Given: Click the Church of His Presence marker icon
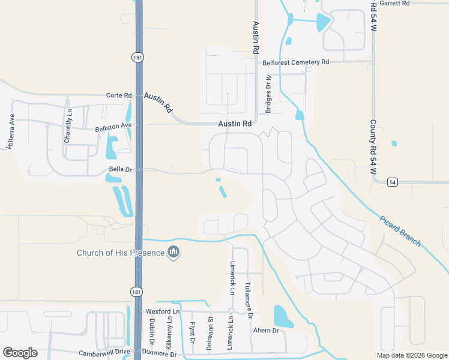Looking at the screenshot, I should pyautogui.click(x=174, y=253).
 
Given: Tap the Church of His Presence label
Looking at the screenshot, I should pyautogui.click(x=120, y=253).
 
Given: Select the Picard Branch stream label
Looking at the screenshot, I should pyautogui.click(x=401, y=230).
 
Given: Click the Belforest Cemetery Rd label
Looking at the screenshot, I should pyautogui.click(x=295, y=62).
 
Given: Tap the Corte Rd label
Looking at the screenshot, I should pyautogui.click(x=118, y=95).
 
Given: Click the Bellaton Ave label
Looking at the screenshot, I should pyautogui.click(x=113, y=127).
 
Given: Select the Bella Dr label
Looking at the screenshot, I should pyautogui.click(x=119, y=170).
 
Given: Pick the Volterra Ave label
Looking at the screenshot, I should pyautogui.click(x=10, y=131).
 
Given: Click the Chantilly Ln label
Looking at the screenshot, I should pyautogui.click(x=68, y=125).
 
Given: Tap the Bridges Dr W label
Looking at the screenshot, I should pyautogui.click(x=268, y=94).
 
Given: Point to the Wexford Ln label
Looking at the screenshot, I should pyautogui.click(x=163, y=312).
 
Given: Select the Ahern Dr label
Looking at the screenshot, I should pyautogui.click(x=267, y=331).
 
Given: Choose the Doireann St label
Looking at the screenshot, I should pyautogui.click(x=209, y=334).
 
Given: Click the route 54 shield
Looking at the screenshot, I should pyautogui.click(x=392, y=182).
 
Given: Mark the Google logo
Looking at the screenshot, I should pyautogui.click(x=20, y=352).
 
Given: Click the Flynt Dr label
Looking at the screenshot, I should pyautogui.click(x=192, y=333).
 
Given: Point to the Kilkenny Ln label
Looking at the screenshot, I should pyautogui.click(x=170, y=334).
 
